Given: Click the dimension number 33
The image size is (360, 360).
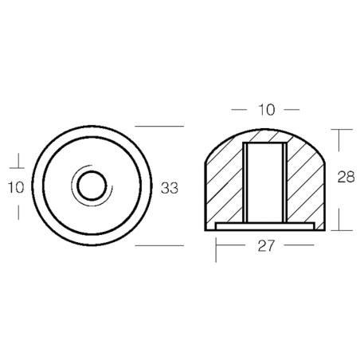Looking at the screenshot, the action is (x=170, y=188).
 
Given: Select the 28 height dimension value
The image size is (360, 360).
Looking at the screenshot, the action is (x=346, y=177).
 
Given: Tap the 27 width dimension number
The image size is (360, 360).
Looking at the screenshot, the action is (x=265, y=245).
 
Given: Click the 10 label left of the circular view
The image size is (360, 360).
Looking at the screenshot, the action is (x=16, y=187).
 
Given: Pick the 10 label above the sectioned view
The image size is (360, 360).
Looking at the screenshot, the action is (x=267, y=109).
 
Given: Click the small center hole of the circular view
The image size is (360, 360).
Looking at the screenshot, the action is (x=92, y=186).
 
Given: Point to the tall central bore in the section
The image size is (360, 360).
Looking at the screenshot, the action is (x=265, y=182).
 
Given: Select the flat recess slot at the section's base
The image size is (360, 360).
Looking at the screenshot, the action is (x=265, y=226).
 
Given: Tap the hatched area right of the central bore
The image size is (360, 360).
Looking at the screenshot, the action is (x=305, y=183).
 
